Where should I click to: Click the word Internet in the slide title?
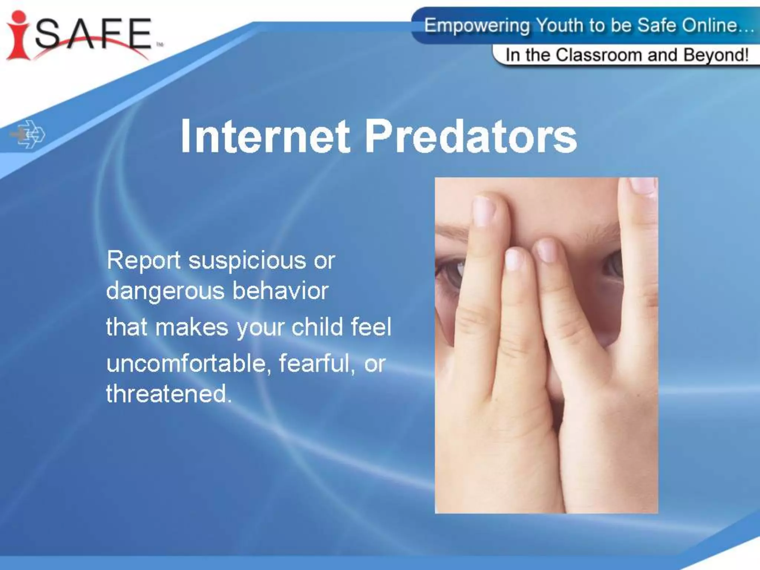tap(265, 136)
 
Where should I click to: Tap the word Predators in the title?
tap(471, 136)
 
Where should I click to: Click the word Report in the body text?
tap(144, 261)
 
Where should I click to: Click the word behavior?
tap(281, 291)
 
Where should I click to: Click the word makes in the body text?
tap(191, 328)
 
